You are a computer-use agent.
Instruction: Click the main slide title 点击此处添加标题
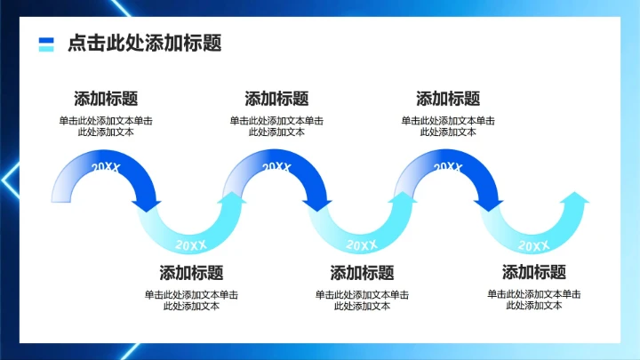144,44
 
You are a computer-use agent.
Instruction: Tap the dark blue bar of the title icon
47,40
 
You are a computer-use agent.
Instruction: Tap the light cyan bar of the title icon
47,48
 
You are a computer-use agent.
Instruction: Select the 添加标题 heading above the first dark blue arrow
106,99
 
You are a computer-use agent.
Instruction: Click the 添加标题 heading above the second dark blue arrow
276,99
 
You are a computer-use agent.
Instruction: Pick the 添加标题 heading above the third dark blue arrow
448,99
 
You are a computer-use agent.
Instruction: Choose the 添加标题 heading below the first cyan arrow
191,273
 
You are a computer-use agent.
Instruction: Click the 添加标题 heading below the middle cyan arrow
362,273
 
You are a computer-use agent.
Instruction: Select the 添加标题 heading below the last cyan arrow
534,273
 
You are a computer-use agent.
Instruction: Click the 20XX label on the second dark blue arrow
276,167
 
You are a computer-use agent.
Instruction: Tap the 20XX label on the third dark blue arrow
448,167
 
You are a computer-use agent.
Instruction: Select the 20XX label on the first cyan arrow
191,244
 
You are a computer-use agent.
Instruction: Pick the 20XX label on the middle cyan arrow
362,244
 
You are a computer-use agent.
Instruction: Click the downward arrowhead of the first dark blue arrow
147,205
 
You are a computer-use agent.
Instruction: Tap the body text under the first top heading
106,126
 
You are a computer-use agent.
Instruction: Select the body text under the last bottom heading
534,300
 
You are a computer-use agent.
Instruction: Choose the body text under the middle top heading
276,126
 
